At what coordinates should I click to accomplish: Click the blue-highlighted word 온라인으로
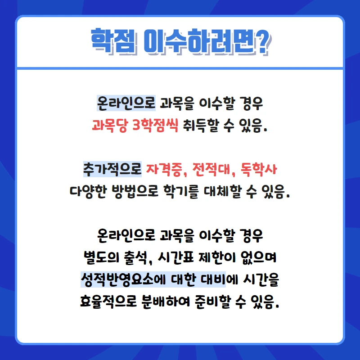coord(126,103)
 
